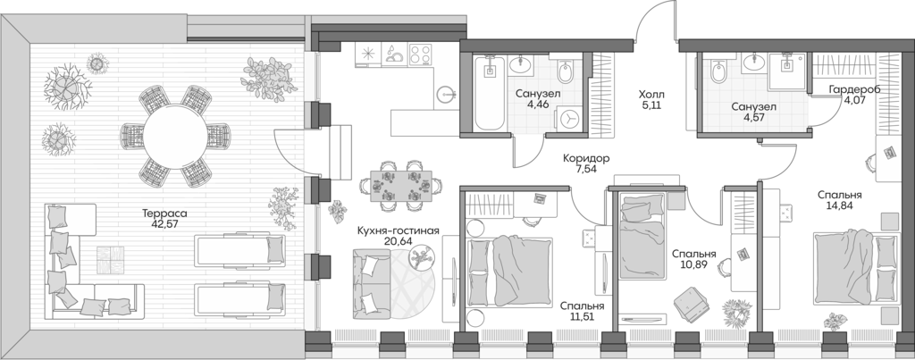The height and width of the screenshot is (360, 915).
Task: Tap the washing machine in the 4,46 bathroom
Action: pos(569,118)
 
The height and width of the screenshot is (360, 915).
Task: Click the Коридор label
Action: pos(586,157)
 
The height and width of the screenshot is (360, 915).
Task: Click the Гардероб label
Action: pos(854,89)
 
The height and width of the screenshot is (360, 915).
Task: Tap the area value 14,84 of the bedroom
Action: pos(838,205)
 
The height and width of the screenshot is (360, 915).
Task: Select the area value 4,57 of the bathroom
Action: pos(753,120)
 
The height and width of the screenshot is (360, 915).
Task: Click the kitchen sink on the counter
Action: pos(394,54)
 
